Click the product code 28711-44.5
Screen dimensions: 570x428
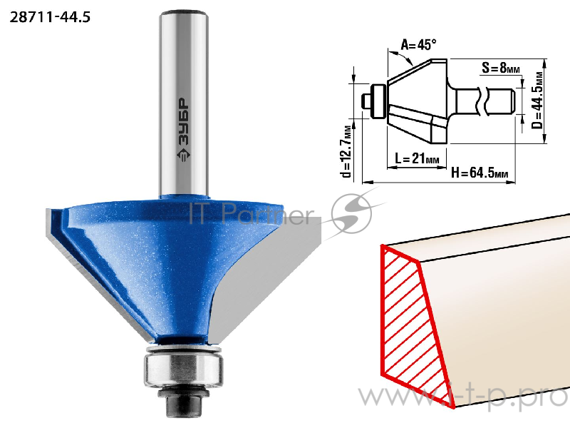[x=50, y=17]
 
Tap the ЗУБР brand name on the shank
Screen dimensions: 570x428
[x=184, y=122]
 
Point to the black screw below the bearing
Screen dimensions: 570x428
[x=183, y=402]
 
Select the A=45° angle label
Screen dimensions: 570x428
[x=418, y=44]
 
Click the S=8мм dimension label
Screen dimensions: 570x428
[x=501, y=67]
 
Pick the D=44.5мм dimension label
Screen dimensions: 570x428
[x=537, y=101]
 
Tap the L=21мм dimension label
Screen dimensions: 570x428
[x=417, y=158]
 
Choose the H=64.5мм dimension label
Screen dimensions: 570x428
[x=479, y=172]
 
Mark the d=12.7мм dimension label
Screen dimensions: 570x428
[x=348, y=151]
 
